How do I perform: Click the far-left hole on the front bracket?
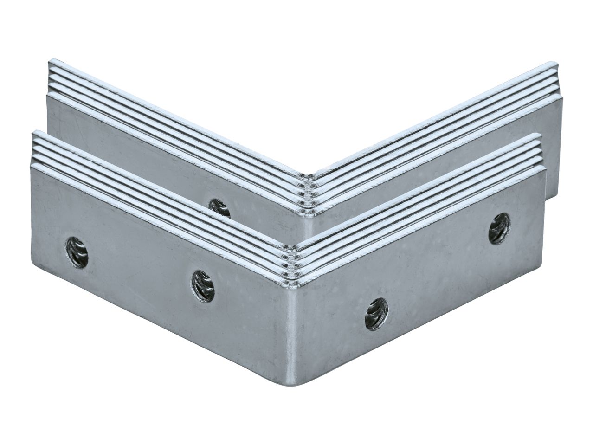(77, 252)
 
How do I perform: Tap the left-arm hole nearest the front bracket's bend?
(203, 286)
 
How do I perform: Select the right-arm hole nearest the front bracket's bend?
(376, 314)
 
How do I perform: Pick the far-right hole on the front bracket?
(499, 228)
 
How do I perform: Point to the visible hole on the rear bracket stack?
(219, 207)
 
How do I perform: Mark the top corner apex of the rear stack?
(305, 175)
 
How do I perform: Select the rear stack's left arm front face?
(139, 139)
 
